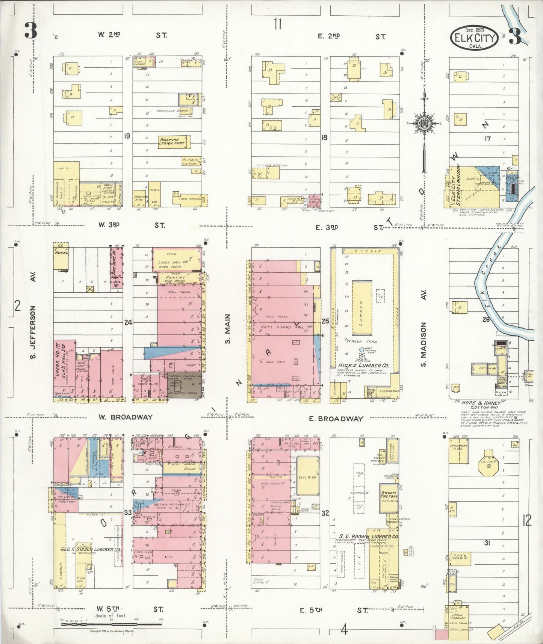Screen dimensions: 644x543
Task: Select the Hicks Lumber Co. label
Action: tap(363, 365)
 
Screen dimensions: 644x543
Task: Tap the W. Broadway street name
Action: tap(126, 417)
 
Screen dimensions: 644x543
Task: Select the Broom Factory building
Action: tap(389, 496)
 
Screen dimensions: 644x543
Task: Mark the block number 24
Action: tap(128, 322)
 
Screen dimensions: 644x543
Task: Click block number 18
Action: tap(324, 138)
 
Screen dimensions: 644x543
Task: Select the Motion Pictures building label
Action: tap(172, 504)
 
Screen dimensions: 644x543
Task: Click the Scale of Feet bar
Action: tap(97, 624)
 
